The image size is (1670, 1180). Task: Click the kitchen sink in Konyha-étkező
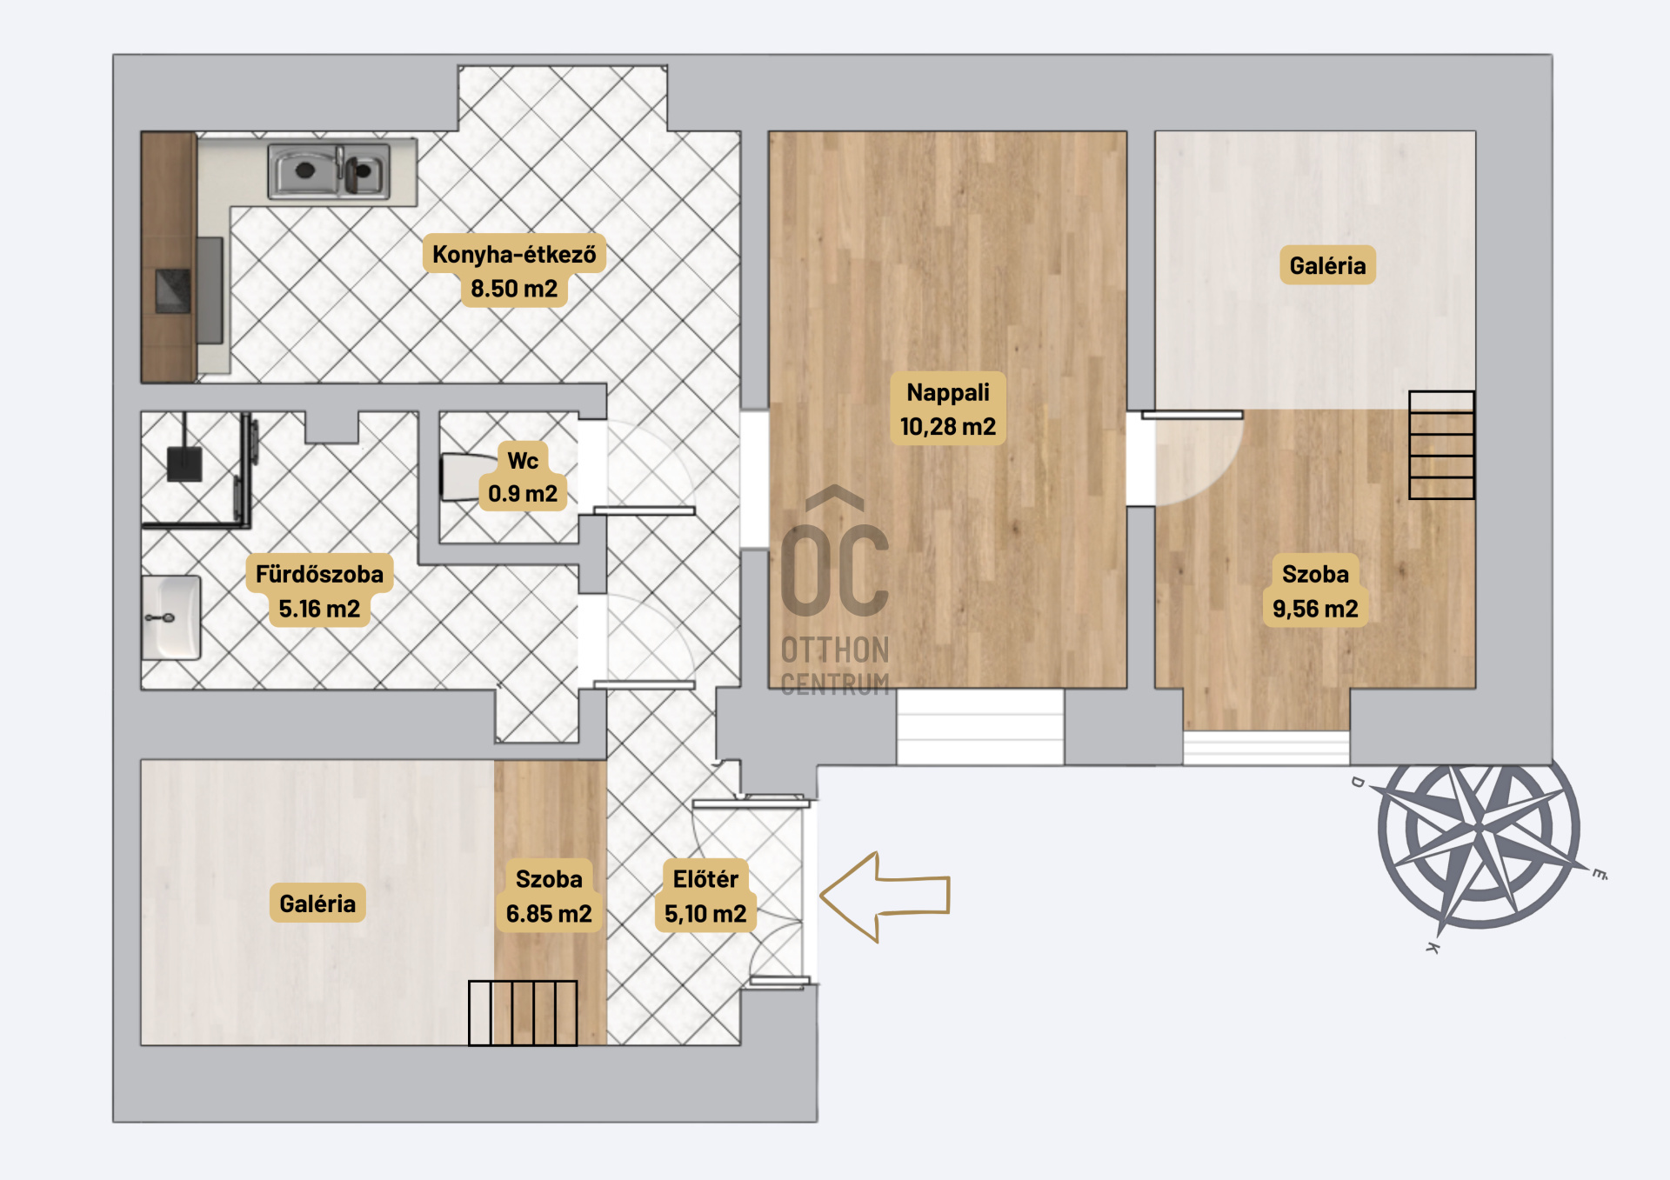tap(329, 171)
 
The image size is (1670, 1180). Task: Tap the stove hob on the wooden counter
tap(172, 290)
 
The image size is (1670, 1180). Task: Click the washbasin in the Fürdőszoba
tap(171, 617)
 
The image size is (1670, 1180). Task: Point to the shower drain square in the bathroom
tap(184, 464)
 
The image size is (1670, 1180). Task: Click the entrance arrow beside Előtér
tap(885, 897)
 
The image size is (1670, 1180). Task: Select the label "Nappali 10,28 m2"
tap(948, 409)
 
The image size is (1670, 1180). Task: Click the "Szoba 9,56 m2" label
tap(1315, 590)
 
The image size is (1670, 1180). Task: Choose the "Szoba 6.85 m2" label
tap(549, 896)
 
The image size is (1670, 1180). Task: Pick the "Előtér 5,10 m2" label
tap(705, 896)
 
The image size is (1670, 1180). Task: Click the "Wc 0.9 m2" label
tap(523, 477)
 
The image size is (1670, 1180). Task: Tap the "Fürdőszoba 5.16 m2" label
tap(319, 590)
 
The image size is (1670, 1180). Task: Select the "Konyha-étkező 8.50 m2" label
tap(514, 270)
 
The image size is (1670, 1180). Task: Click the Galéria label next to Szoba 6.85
tap(317, 903)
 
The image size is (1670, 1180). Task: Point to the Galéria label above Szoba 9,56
tap(1327, 265)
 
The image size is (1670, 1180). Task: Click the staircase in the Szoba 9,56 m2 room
tap(1441, 445)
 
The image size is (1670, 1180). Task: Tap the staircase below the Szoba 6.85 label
tap(523, 1013)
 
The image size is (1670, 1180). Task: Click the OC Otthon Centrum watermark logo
tap(835, 591)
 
